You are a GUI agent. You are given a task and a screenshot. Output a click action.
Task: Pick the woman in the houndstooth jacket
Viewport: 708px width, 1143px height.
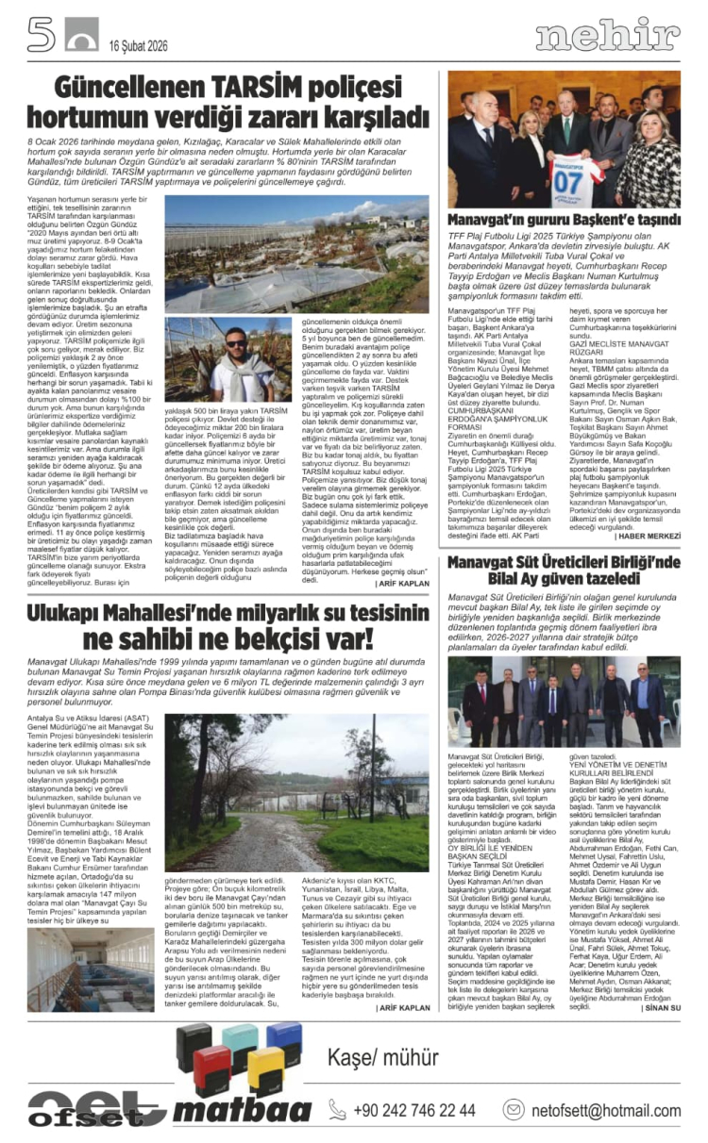(x=650, y=160)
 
